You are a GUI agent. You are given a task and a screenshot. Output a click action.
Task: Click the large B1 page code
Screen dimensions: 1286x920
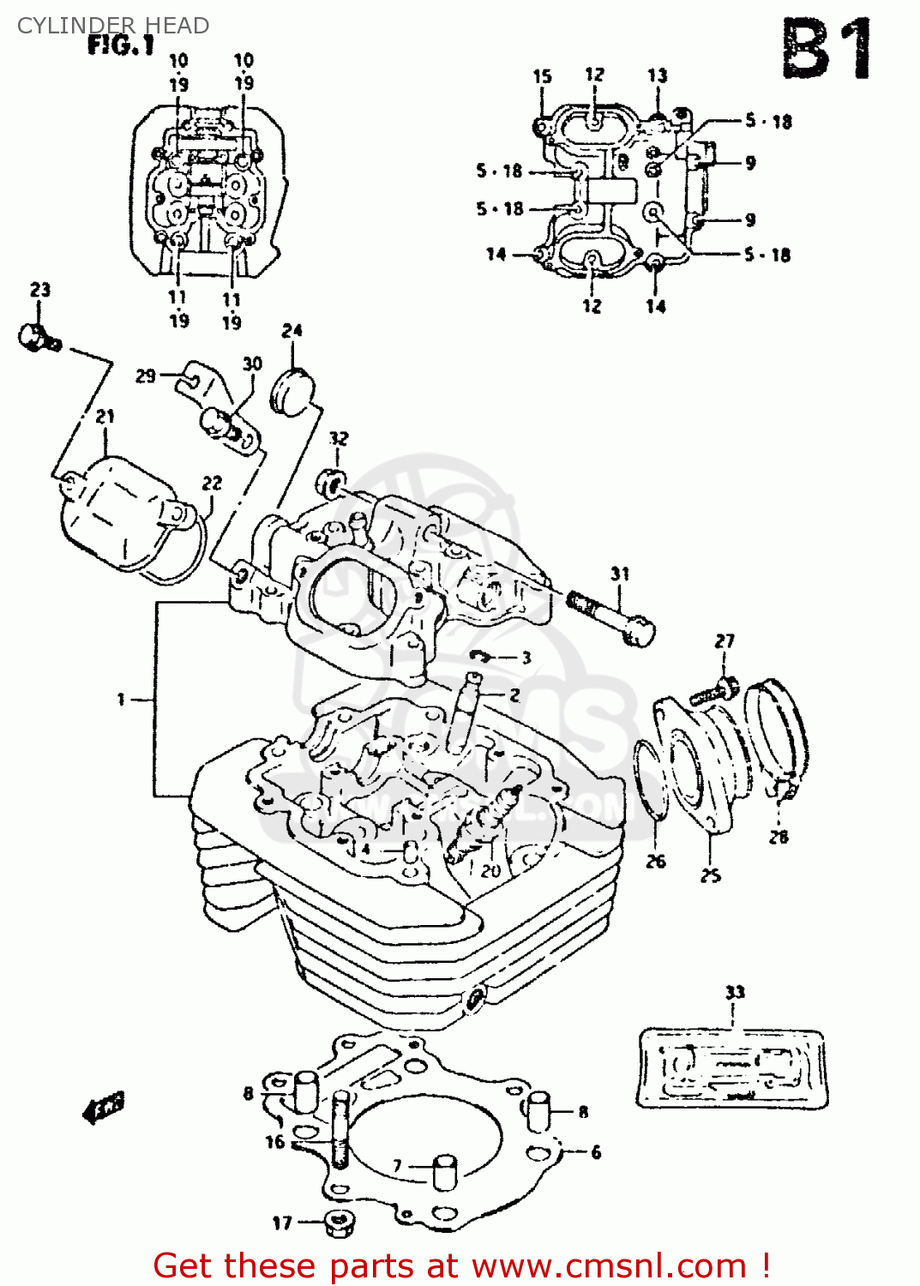coord(827,50)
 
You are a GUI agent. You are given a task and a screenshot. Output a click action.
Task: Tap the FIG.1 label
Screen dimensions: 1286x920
coord(121,45)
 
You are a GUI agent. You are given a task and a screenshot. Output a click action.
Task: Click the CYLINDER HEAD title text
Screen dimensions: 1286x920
coord(113,26)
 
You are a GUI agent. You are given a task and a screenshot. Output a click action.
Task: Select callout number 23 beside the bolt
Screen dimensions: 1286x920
coord(40,290)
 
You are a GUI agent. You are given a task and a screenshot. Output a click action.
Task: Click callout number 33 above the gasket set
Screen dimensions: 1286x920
coord(735,992)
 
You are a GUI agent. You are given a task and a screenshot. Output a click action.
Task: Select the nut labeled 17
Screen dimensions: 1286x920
coord(340,1223)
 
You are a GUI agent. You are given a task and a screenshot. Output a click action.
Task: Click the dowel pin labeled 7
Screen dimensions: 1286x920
coord(444,1172)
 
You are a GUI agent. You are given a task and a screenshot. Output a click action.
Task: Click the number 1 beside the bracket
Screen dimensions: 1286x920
coord(121,700)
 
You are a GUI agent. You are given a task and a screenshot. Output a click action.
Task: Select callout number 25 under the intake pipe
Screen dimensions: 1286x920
coord(711,875)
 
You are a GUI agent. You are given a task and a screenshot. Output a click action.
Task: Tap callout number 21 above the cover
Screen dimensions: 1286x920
coord(105,417)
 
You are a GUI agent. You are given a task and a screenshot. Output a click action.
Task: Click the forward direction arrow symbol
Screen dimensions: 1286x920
coord(104,1108)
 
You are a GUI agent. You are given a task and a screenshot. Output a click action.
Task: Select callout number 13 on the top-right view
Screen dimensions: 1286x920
coord(657,75)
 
